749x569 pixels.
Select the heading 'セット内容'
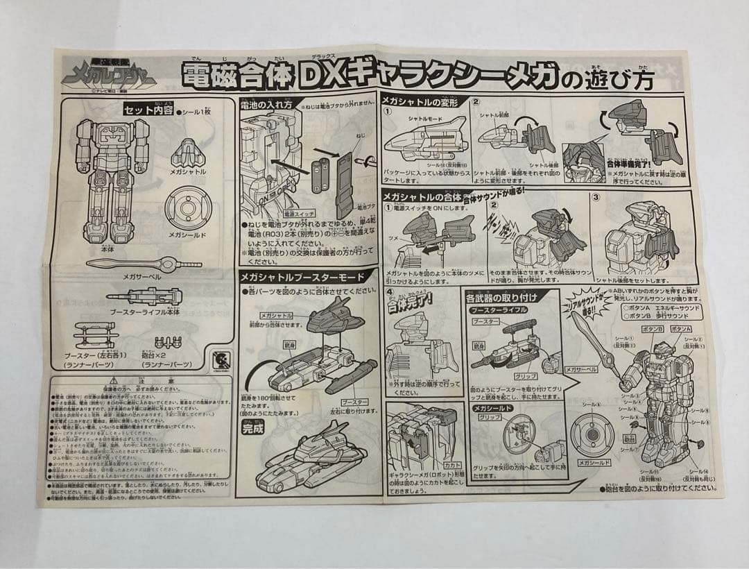pos(148,110)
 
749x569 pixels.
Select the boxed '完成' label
pos(254,428)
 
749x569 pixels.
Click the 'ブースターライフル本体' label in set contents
pos(144,312)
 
